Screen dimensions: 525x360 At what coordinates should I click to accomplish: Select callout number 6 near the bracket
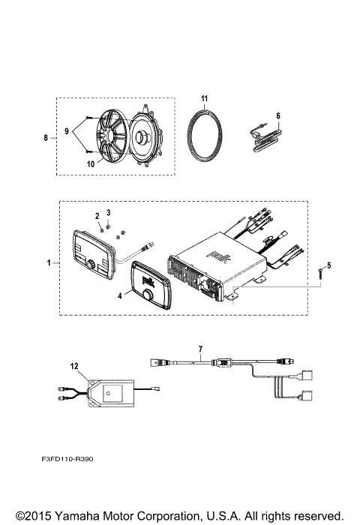click(278, 115)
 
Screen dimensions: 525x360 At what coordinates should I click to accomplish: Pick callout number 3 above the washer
click(109, 214)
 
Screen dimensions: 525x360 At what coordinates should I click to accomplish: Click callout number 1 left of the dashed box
click(49, 264)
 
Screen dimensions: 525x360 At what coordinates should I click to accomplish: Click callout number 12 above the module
click(73, 365)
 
